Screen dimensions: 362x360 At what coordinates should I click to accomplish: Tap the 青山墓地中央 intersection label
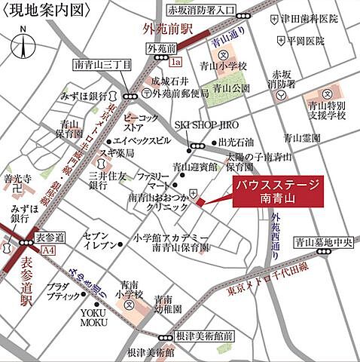coord(324,243)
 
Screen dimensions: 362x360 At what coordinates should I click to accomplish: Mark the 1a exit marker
coord(177,63)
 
